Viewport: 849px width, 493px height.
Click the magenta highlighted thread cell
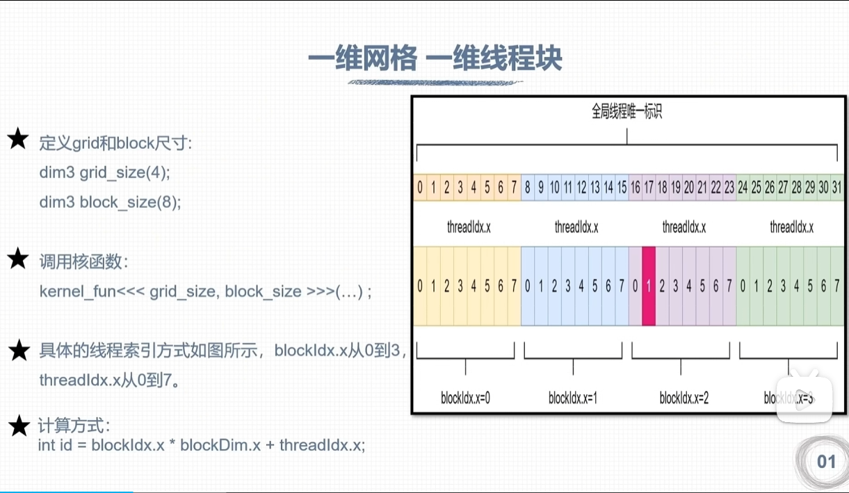point(649,286)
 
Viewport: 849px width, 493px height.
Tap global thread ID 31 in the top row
point(836,187)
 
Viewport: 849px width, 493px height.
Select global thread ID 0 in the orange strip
point(419,187)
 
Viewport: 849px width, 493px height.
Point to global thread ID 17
point(649,187)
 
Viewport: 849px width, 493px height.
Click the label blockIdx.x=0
point(466,398)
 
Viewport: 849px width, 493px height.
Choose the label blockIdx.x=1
point(573,398)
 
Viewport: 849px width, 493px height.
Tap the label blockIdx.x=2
point(684,398)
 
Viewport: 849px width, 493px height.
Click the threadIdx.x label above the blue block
point(576,227)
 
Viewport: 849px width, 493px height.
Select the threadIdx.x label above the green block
point(791,227)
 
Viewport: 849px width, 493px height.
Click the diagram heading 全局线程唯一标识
point(626,112)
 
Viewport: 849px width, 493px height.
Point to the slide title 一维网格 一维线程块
point(435,59)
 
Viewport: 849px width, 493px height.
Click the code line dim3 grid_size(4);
point(104,172)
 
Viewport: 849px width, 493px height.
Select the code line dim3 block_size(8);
point(110,202)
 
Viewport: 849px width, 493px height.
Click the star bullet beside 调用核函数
point(17,260)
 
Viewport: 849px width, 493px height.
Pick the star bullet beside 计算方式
point(19,426)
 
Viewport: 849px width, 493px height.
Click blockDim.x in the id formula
point(220,444)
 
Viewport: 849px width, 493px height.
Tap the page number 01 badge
point(826,462)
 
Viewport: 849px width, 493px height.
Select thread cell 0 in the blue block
point(528,286)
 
